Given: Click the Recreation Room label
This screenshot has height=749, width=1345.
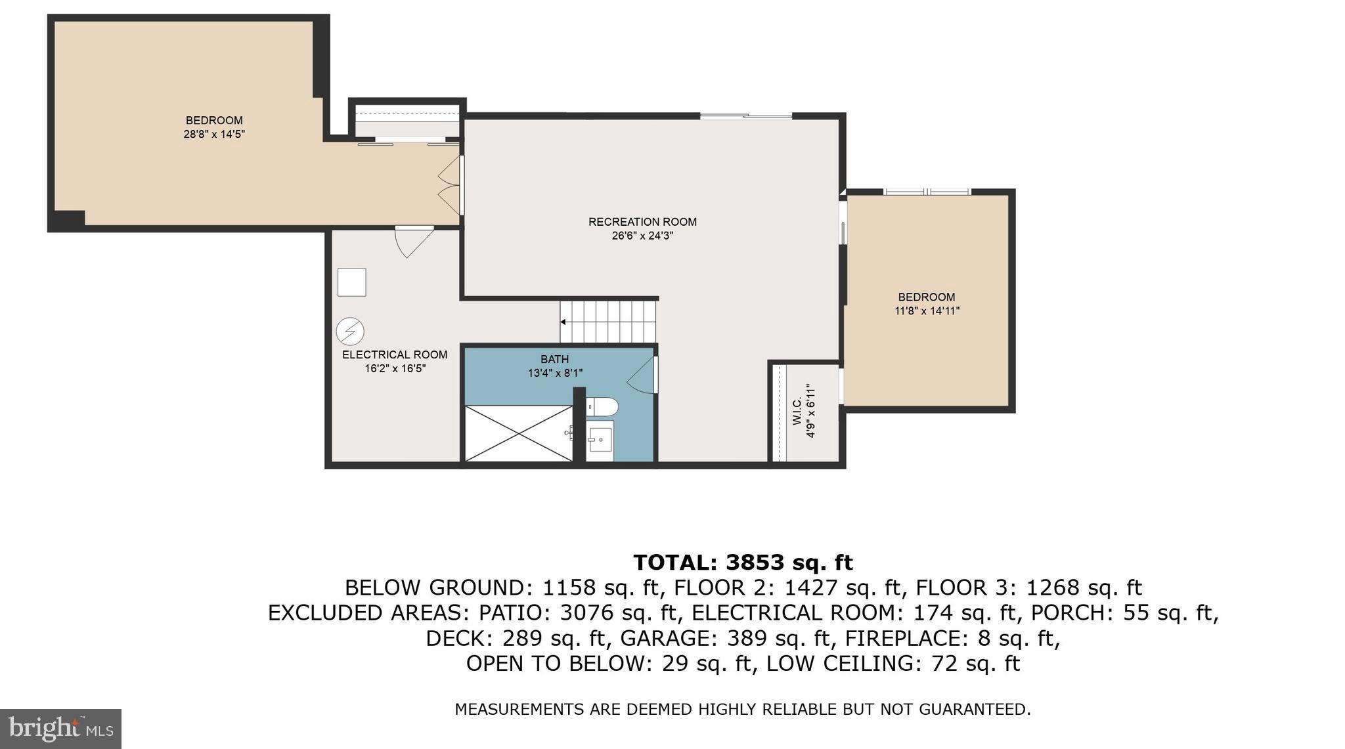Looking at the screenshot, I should (x=642, y=222).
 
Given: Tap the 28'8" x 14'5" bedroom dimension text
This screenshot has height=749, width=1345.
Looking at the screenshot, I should (x=214, y=135).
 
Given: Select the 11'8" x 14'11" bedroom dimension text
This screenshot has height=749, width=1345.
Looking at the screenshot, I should (x=927, y=311).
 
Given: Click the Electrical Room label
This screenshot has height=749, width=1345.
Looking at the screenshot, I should (x=395, y=354).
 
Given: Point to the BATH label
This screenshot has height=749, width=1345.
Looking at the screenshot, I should (x=554, y=359).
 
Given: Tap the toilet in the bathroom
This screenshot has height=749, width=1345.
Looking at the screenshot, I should (x=602, y=407).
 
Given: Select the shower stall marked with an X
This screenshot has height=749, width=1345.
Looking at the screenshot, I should (x=518, y=433).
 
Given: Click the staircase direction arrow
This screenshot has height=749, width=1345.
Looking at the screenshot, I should (x=563, y=322).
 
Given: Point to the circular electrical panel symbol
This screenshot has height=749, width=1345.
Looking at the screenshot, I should (x=350, y=332).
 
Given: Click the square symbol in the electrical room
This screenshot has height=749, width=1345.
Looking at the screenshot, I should (x=351, y=282).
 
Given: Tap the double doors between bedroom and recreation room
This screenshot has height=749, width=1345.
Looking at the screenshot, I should (x=450, y=185).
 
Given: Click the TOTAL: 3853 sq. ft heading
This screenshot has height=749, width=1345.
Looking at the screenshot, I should (x=743, y=563).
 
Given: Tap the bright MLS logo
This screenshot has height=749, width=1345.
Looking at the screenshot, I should (x=60, y=729).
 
